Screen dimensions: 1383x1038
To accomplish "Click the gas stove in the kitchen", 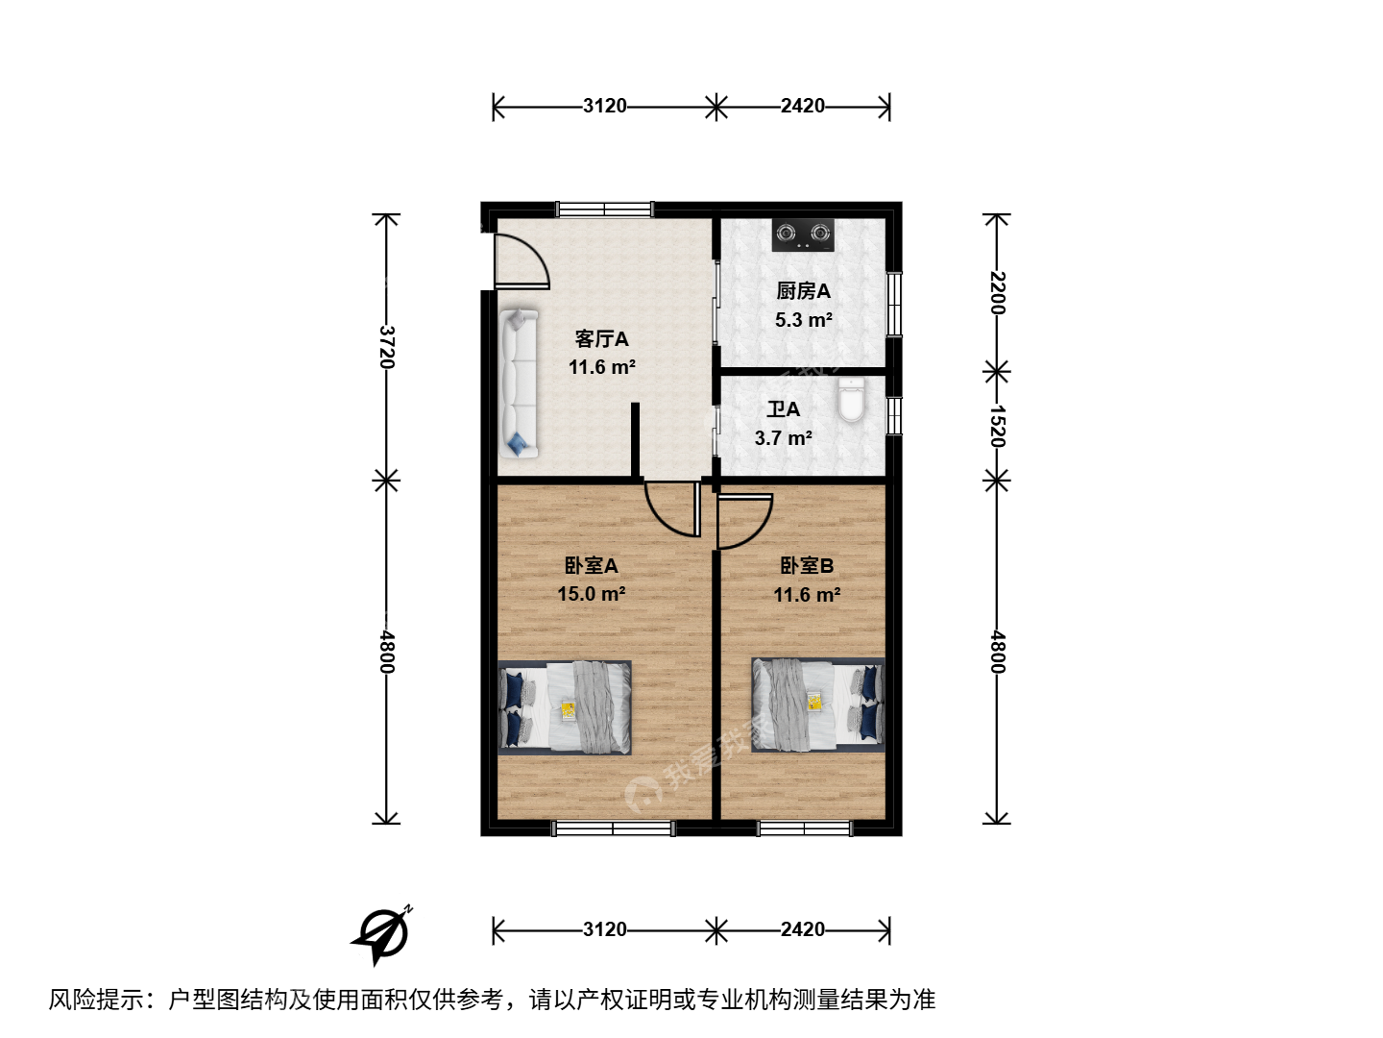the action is click(803, 235).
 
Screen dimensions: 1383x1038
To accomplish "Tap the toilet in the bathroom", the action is click(851, 399).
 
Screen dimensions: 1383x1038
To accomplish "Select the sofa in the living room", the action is click(519, 383).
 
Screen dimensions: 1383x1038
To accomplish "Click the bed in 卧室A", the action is click(565, 707).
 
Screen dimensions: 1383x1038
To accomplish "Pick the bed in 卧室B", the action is click(818, 705).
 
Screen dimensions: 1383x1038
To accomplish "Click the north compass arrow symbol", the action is click(382, 934).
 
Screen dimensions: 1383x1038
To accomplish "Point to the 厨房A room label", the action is click(803, 291).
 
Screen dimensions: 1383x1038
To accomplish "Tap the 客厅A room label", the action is click(601, 339).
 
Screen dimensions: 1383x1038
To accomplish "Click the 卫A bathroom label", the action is click(783, 409).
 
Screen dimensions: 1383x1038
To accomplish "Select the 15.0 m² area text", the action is click(591, 594).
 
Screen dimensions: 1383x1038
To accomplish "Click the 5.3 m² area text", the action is click(803, 320).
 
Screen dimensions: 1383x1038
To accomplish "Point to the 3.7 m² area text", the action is click(783, 438).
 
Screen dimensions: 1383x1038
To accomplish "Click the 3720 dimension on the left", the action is click(386, 347).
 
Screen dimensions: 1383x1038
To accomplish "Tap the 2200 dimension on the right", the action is click(997, 292).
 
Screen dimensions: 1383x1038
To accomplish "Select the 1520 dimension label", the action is click(997, 426).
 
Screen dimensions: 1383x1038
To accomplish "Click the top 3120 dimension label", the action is click(604, 106).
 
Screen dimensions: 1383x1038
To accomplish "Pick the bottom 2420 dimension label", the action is click(802, 929).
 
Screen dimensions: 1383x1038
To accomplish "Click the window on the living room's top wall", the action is click(604, 210).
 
